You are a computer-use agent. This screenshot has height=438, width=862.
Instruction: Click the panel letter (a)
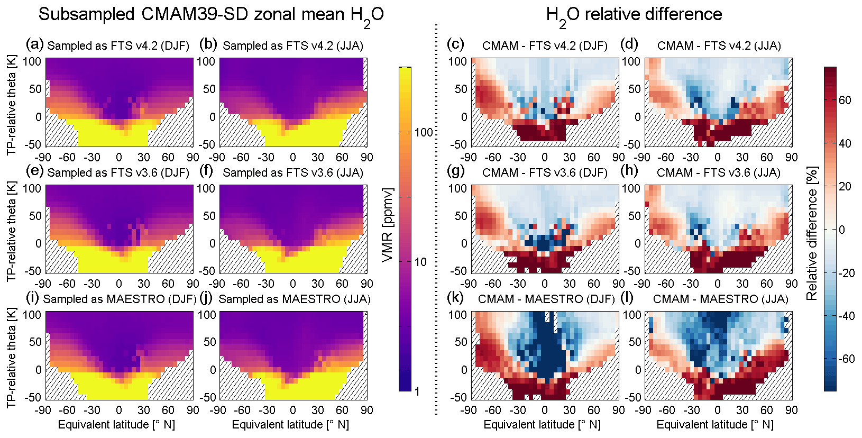point(35,44)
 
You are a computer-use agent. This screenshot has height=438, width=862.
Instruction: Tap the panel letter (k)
point(455,298)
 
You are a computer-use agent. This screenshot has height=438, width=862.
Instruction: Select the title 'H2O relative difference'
point(634,15)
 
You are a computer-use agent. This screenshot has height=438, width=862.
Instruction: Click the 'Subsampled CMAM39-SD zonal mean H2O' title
point(211,15)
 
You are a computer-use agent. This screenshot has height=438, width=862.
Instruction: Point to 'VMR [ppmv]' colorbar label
point(388,225)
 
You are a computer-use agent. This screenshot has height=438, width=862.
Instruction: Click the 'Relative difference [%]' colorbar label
point(812,233)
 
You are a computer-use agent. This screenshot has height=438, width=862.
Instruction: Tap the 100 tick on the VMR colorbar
point(424,132)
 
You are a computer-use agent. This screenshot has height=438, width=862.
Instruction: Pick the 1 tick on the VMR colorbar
point(417,391)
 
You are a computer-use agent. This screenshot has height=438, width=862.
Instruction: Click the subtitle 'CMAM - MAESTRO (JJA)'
point(720,299)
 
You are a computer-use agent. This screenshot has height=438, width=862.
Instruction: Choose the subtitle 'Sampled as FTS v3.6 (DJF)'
point(118,172)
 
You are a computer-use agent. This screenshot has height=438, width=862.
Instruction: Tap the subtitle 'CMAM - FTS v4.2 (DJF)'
point(545,45)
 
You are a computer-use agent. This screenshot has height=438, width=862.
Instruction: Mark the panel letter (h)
point(630,171)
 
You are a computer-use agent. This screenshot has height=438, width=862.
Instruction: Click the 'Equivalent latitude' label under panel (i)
point(116,424)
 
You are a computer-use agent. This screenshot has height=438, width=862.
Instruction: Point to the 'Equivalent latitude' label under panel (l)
point(714,424)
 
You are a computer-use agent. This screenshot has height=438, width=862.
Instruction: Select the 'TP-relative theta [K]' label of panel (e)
point(12,231)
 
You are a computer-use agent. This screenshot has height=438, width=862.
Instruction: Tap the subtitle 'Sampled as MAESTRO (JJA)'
point(294,299)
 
